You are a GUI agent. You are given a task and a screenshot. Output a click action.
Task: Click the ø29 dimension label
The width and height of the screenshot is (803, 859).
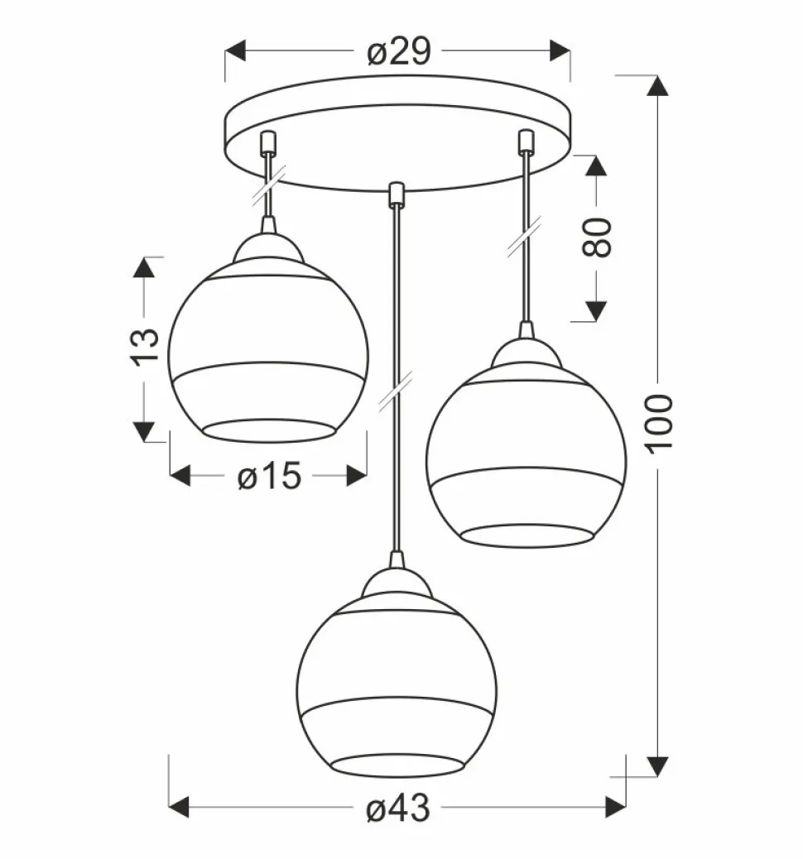click(x=398, y=51)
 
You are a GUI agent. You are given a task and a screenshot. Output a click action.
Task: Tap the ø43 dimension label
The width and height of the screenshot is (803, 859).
click(x=398, y=808)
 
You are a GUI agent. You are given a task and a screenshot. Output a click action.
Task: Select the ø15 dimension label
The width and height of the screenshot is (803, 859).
click(x=269, y=476)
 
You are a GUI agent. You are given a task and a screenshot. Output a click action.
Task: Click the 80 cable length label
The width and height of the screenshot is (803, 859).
click(x=596, y=238)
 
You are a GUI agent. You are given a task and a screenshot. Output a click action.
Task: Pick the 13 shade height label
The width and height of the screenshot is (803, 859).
click(x=144, y=347)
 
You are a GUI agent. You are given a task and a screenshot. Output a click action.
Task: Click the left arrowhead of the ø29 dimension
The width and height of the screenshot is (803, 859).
click(x=235, y=51)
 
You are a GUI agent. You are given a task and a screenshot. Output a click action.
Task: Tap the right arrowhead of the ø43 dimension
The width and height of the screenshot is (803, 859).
click(x=616, y=808)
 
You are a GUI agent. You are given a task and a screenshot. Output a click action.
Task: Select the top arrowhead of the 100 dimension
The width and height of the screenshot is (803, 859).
click(x=658, y=85)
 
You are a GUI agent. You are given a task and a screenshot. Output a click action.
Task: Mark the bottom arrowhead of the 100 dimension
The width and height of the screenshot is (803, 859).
click(x=658, y=766)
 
